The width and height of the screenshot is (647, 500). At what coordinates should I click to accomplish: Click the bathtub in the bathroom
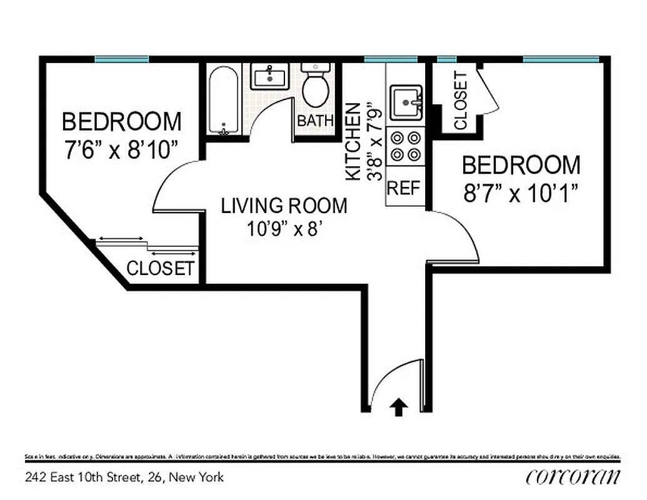tap(223, 100)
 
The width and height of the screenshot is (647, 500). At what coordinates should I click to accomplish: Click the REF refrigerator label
tap(404, 188)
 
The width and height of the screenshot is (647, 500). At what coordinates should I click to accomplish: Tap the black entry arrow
tap(398, 407)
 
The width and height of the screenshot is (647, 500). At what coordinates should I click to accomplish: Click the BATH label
tap(315, 121)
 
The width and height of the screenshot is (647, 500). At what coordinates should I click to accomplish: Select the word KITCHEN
tap(354, 142)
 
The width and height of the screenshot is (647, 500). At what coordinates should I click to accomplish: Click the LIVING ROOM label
tap(284, 206)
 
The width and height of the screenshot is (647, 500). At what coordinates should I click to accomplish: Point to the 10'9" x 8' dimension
tap(284, 229)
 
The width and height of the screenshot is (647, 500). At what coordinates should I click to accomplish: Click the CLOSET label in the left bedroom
tap(160, 269)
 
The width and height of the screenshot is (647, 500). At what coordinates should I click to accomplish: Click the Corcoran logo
tap(573, 477)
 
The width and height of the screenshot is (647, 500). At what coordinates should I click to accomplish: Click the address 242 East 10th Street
tap(124, 477)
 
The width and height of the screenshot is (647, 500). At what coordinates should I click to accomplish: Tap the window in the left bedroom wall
tap(122, 59)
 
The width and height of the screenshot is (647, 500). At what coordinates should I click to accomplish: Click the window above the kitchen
tap(391, 59)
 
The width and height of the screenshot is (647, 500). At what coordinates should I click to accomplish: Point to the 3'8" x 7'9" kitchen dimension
tap(374, 142)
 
